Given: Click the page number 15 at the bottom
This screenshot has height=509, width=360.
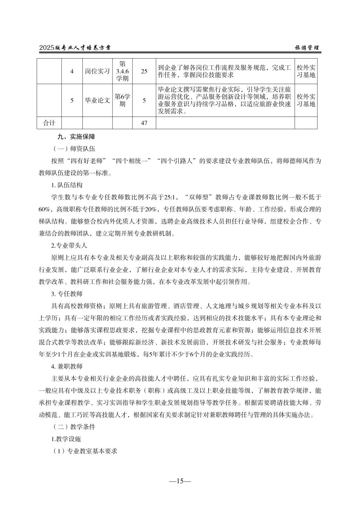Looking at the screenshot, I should click(180, 481).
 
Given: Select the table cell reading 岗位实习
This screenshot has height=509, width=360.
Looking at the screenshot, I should click(97, 71).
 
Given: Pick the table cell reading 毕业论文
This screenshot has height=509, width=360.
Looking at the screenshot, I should click(97, 101).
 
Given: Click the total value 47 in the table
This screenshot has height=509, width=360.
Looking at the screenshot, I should click(144, 123).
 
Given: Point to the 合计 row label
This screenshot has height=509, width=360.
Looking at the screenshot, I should click(49, 123).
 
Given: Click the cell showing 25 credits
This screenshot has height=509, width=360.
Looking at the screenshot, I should click(144, 71).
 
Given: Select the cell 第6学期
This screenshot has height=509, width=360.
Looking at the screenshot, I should click(122, 101).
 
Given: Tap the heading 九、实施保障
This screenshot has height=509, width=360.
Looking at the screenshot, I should click(76, 137).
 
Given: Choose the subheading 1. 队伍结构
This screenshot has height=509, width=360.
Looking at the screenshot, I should click(67, 185).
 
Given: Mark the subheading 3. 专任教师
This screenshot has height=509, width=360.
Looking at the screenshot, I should click(67, 294).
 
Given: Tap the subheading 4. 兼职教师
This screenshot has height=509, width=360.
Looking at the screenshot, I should click(67, 367).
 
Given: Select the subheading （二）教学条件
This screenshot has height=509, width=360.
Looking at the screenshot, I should click(73, 427).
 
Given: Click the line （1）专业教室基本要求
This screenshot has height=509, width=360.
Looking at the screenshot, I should click(84, 451).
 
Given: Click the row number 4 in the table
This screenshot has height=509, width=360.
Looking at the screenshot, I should click(72, 71).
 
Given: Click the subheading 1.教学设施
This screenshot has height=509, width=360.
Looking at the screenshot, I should click(66, 439).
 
